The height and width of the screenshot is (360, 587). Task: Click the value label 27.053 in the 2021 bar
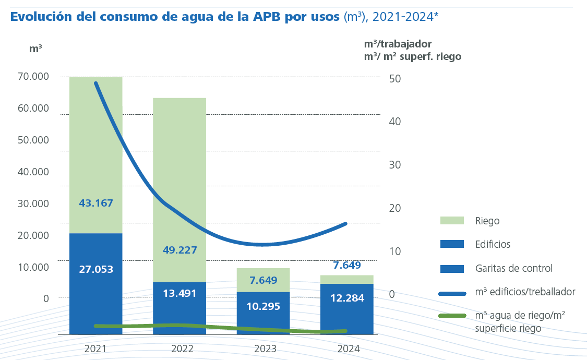pos(96,269)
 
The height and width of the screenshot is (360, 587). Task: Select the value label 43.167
pos(96,203)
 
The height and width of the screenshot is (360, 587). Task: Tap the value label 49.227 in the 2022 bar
pos(179,250)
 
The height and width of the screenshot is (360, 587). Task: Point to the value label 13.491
pos(179,293)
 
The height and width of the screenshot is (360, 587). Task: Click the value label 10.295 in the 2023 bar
pos(263,306)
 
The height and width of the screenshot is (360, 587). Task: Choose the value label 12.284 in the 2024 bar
pos(347,298)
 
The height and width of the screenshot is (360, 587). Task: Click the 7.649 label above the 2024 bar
pos(347,265)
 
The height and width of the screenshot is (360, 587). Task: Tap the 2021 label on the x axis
pos(95,349)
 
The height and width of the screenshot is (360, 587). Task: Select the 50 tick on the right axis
pos(395,79)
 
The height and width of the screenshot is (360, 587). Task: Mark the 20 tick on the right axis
pos(395,208)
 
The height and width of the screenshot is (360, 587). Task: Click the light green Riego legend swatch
pos(452,221)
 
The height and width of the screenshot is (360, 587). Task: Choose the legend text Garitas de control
pos(513,269)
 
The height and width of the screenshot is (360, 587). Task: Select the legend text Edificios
pos(493,244)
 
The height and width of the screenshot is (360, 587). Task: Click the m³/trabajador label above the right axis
pos(398,44)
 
